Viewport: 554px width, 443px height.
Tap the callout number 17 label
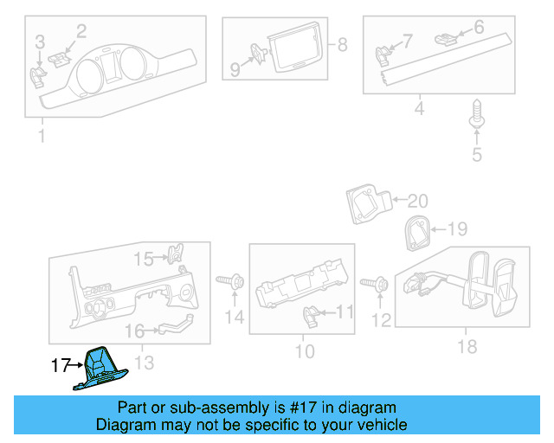(60, 366)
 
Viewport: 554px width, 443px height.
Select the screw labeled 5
(475, 118)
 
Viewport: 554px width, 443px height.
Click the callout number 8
(342, 44)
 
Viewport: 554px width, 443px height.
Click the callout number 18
(467, 348)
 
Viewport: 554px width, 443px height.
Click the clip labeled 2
(59, 56)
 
